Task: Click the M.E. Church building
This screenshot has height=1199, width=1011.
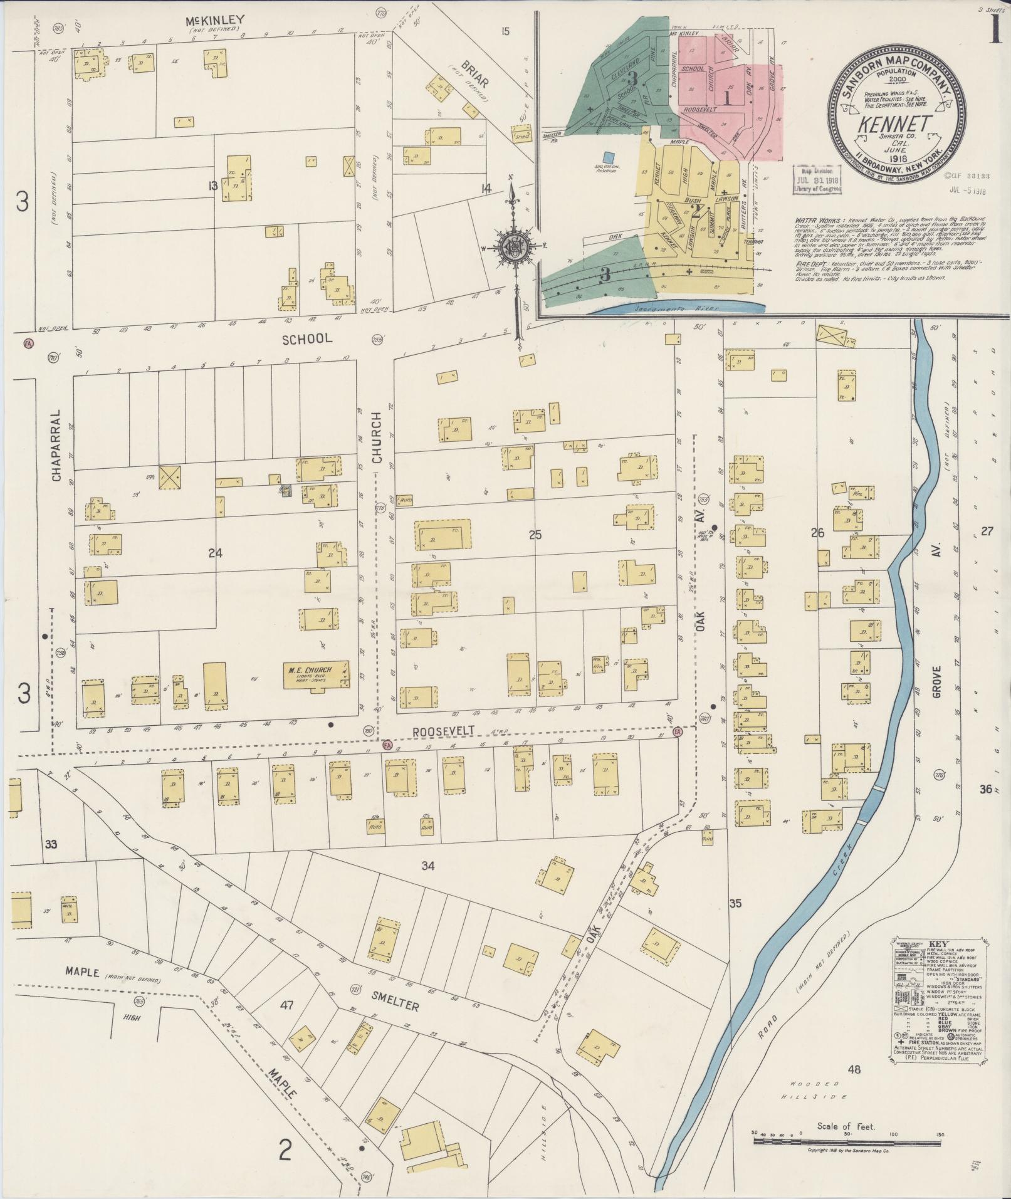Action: pos(316,673)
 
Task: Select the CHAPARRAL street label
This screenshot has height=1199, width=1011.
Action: pos(56,446)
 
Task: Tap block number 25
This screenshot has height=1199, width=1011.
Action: pos(535,535)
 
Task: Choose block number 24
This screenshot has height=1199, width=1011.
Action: pos(215,553)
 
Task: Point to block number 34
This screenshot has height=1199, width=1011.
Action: pos(427,866)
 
